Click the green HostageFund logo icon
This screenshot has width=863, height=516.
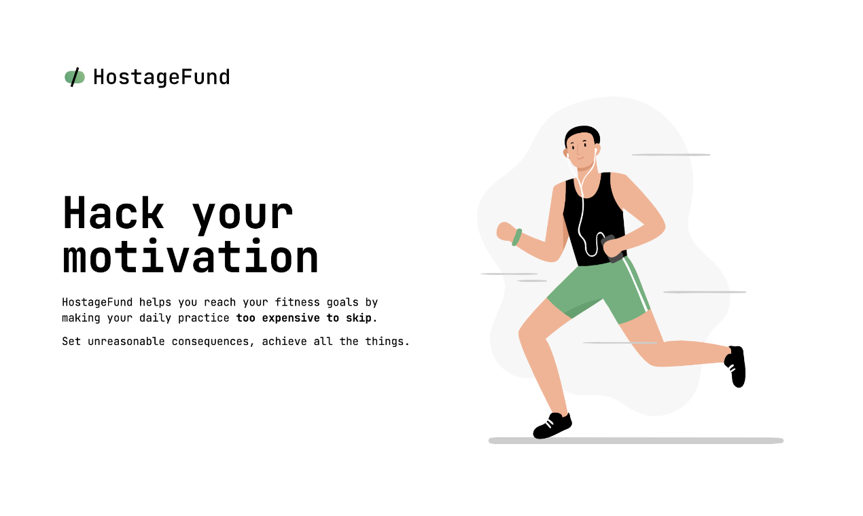pyautogui.click(x=75, y=77)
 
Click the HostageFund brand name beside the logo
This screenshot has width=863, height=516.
pyautogui.click(x=161, y=77)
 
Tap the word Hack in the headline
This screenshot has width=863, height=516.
pyautogui.click(x=113, y=214)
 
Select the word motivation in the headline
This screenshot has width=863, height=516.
pyautogui.click(x=190, y=257)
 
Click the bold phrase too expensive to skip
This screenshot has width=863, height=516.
pyautogui.click(x=306, y=318)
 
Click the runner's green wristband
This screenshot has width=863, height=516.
pyautogui.click(x=517, y=237)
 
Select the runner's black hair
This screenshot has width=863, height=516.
pyautogui.click(x=582, y=133)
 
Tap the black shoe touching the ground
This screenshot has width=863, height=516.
pyautogui.click(x=552, y=426)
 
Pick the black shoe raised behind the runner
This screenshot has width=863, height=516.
pyautogui.click(x=737, y=367)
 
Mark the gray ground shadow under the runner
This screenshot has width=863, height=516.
pyautogui.click(x=635, y=441)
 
